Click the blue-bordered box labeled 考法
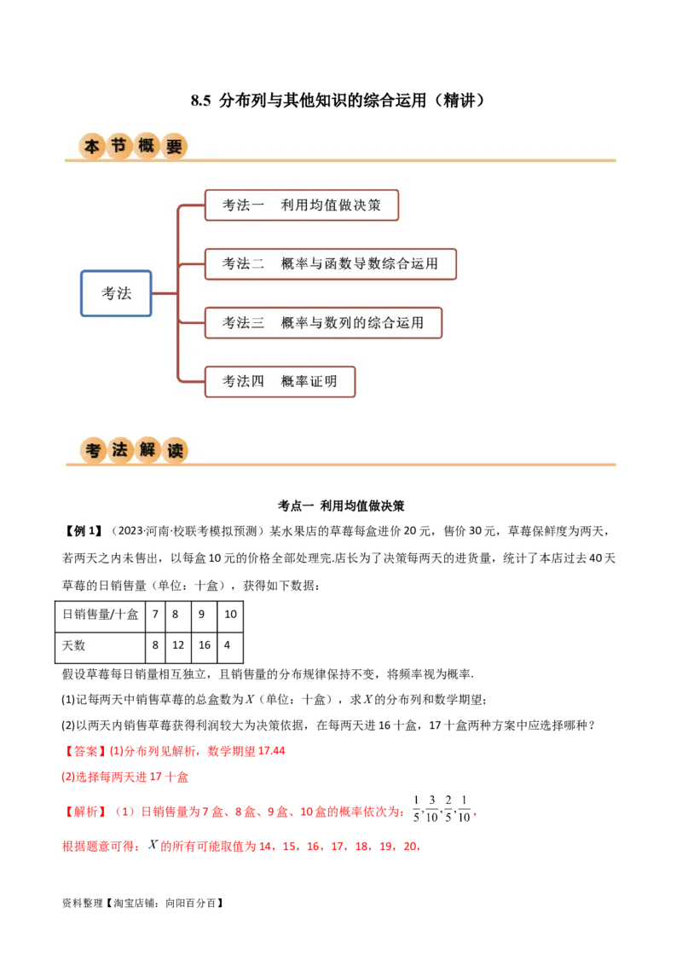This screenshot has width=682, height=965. [116, 293]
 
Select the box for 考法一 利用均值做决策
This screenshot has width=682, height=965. [302, 205]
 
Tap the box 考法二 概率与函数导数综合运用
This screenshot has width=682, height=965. [331, 264]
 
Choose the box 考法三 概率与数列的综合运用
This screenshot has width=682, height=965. [323, 323]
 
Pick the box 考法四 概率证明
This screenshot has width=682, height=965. [280, 382]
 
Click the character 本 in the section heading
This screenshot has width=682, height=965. [92, 147]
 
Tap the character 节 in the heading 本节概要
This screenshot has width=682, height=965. [119, 147]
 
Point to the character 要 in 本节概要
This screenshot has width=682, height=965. [174, 147]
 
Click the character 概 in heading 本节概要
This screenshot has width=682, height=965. [147, 147]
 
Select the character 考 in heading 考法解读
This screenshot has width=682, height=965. [92, 450]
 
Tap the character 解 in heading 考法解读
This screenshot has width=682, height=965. [147, 450]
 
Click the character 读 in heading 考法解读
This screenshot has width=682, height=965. [175, 450]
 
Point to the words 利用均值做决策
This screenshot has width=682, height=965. [331, 205]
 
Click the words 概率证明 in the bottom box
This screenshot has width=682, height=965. [309, 382]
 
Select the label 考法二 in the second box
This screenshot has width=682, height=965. [243, 264]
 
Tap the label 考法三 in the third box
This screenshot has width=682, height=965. [243, 323]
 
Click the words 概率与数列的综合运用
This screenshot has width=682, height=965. [352, 323]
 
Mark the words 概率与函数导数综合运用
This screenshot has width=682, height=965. [360, 264]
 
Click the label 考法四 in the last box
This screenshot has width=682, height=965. [243, 382]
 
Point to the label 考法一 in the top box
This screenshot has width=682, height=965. [243, 205]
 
